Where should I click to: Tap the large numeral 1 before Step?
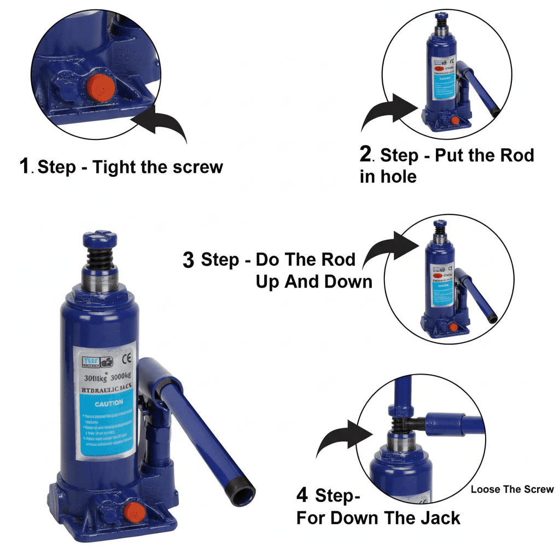(x=24, y=166)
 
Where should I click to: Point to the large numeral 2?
(x=365, y=154)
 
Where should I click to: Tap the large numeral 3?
(x=188, y=260)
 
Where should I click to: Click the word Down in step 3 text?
(x=348, y=282)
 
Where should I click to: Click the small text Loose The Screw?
(x=512, y=489)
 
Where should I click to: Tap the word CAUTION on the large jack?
(x=109, y=403)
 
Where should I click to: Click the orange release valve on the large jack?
(x=134, y=512)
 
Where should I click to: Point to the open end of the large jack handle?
(x=242, y=495)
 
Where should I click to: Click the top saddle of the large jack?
(x=99, y=241)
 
